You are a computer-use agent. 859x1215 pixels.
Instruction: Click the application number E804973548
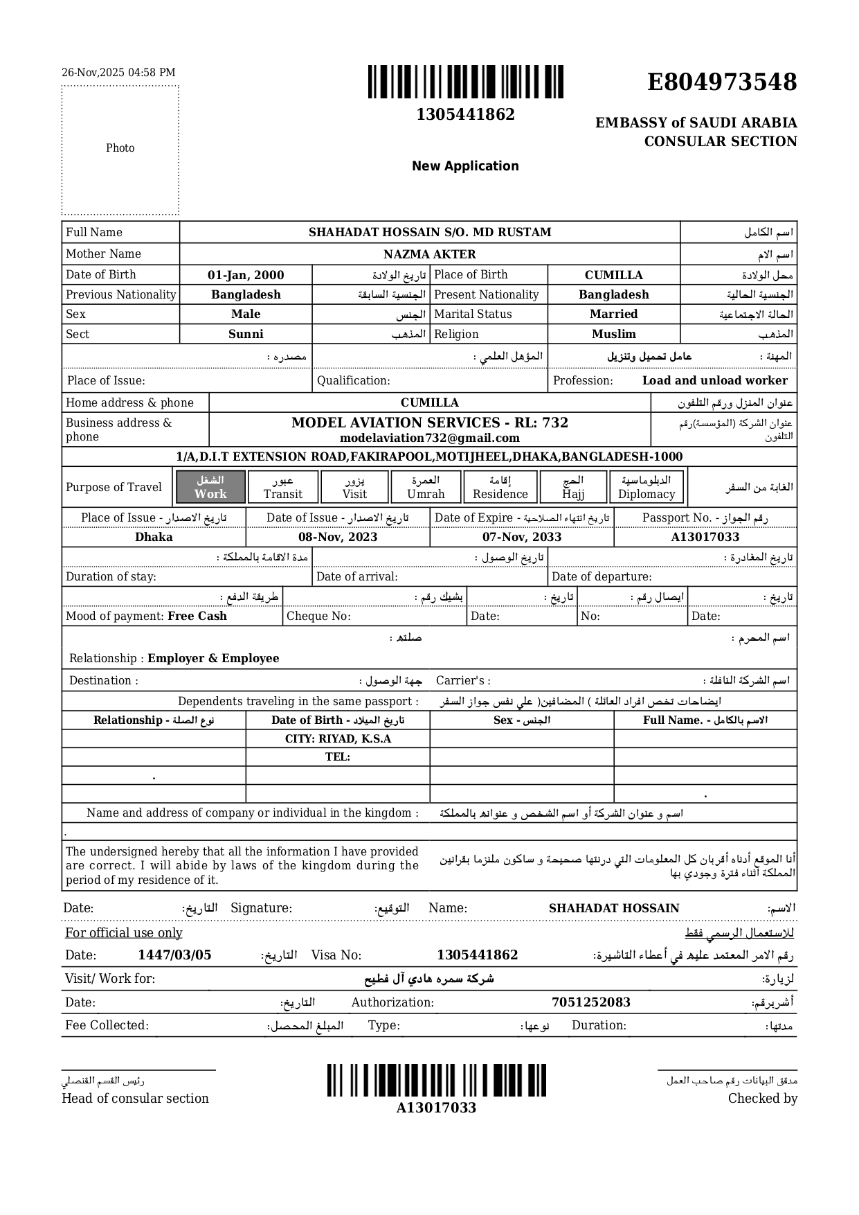click(x=721, y=82)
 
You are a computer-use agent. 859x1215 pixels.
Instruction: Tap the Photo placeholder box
click(x=120, y=150)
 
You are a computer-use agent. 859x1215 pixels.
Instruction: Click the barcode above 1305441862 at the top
click(x=465, y=82)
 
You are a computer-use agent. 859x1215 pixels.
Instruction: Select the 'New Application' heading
click(x=465, y=166)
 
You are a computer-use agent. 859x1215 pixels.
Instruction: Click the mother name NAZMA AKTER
click(x=429, y=254)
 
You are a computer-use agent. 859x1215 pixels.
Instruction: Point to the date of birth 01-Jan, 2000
click(x=246, y=275)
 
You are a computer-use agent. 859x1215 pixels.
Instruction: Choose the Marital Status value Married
click(x=613, y=314)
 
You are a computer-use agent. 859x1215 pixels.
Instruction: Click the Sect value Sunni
click(x=246, y=335)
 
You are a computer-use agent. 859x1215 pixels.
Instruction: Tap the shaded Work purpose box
click(x=210, y=487)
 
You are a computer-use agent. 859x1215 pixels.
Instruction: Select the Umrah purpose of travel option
click(x=426, y=487)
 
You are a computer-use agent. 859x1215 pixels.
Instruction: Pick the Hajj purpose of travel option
click(x=573, y=487)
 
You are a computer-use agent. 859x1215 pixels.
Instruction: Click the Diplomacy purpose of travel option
click(x=646, y=487)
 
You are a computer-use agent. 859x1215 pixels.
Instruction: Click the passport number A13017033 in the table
click(x=705, y=538)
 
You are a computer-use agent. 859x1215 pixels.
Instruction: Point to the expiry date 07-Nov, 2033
click(x=522, y=538)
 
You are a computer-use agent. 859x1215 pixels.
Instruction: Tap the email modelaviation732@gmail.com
click(x=429, y=438)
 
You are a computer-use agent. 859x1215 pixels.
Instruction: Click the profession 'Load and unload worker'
click(x=714, y=381)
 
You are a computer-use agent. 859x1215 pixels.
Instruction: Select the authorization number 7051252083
click(x=590, y=1002)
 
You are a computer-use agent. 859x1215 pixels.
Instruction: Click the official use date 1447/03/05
click(x=174, y=955)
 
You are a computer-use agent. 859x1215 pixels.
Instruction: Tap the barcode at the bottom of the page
click(x=437, y=1081)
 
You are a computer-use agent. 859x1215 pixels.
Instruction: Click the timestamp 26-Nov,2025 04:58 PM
click(x=118, y=73)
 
